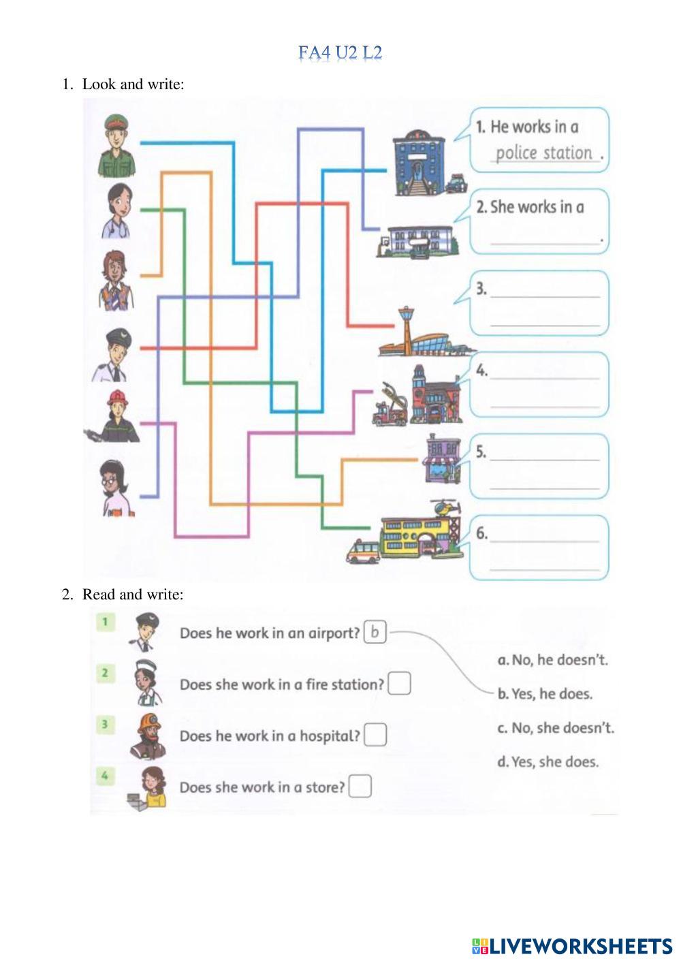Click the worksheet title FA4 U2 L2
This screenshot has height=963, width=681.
tap(340, 52)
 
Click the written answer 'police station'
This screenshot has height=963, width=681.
tap(543, 153)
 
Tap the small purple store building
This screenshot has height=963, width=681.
tap(441, 458)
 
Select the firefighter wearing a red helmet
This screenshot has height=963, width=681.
tap(117, 417)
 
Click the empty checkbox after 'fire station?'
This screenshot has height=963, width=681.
tap(399, 683)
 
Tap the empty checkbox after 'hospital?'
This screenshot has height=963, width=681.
tap(375, 735)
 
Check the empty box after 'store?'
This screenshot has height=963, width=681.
tap(360, 787)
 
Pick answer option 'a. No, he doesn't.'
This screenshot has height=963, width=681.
tap(552, 660)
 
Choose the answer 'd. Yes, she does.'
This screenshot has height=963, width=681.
tap(548, 762)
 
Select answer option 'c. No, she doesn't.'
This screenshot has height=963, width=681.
tap(555, 728)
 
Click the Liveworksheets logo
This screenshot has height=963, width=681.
tap(572, 946)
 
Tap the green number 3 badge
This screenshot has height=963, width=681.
tap(105, 723)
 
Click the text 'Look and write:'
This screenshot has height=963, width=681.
tap(133, 84)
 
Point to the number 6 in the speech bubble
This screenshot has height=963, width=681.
tap(481, 533)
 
